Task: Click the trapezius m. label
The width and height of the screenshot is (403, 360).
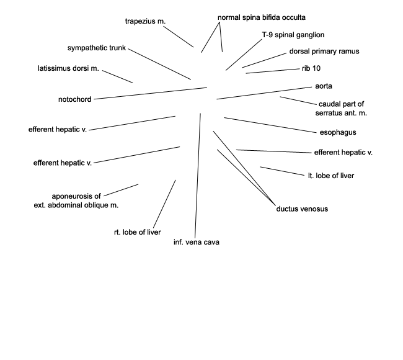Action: click(145, 21)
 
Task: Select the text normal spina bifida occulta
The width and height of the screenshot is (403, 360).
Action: click(262, 17)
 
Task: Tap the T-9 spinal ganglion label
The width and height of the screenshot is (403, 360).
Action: click(293, 35)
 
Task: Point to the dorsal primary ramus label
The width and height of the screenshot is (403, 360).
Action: click(324, 52)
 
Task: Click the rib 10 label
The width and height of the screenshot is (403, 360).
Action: click(311, 68)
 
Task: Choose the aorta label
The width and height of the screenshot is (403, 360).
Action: click(323, 86)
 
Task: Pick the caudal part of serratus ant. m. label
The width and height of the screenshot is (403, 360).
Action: click(341, 109)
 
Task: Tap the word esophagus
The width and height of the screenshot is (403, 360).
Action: click(338, 132)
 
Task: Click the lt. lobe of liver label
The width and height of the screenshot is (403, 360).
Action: click(331, 176)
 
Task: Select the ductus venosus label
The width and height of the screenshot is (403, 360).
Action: click(302, 209)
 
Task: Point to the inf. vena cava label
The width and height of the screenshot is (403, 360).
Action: click(197, 242)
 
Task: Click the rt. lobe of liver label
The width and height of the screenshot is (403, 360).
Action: click(137, 232)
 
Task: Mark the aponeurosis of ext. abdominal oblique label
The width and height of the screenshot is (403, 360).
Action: click(76, 200)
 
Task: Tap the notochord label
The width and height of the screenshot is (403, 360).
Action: click(75, 99)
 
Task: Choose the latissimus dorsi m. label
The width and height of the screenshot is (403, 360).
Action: click(68, 68)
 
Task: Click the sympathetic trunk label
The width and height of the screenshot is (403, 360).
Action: click(97, 48)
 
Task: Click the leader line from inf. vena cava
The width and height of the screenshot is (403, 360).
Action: click(198, 176)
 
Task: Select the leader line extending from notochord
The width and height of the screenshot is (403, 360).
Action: click(151, 93)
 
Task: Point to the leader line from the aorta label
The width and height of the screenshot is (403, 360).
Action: click(264, 93)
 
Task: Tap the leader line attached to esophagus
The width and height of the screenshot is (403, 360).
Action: click(270, 125)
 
